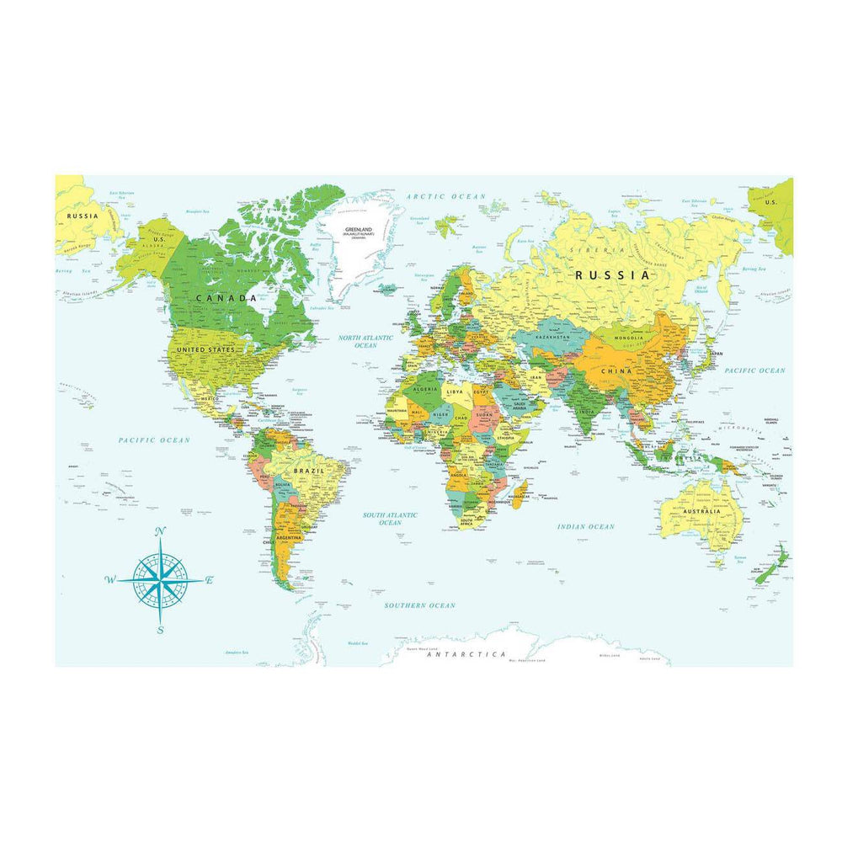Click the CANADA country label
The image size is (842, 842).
coord(226,298)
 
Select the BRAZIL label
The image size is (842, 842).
coord(304,472)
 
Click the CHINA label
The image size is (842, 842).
coord(616,370)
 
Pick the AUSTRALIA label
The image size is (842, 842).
coord(702,511)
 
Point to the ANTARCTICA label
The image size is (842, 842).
coord(466,654)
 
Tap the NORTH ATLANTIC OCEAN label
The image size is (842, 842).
coord(365,341)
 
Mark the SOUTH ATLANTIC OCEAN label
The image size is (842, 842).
coord(390,518)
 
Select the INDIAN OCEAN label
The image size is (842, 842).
coord(586,527)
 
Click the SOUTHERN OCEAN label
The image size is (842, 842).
coord(419,605)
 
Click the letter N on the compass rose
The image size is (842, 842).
coord(161,530)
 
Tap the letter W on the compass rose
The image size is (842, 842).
coord(109,579)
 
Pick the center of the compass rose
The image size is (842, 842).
coord(160,580)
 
